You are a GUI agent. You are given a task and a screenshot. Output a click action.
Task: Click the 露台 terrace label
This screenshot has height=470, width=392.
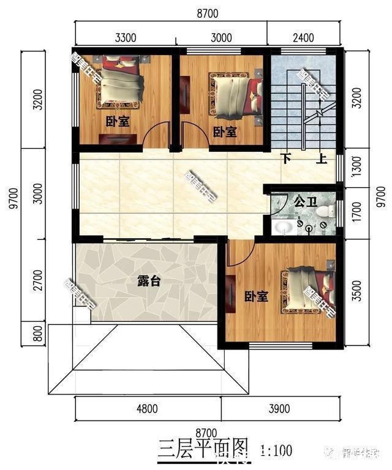pos(149,282)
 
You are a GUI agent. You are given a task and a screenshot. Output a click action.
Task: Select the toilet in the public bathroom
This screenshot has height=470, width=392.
pos(326,212)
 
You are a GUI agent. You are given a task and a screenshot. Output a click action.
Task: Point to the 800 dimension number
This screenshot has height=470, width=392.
pos(39,334)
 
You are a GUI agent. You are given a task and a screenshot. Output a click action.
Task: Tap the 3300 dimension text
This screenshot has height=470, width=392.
pos(125,37)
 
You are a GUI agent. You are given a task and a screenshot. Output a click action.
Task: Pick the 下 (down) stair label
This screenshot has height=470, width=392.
pos(287,159)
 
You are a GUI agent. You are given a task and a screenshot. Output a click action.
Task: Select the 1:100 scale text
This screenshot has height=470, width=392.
pos(276,452)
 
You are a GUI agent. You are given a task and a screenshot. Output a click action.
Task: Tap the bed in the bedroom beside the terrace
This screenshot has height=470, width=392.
pos(306,291)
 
